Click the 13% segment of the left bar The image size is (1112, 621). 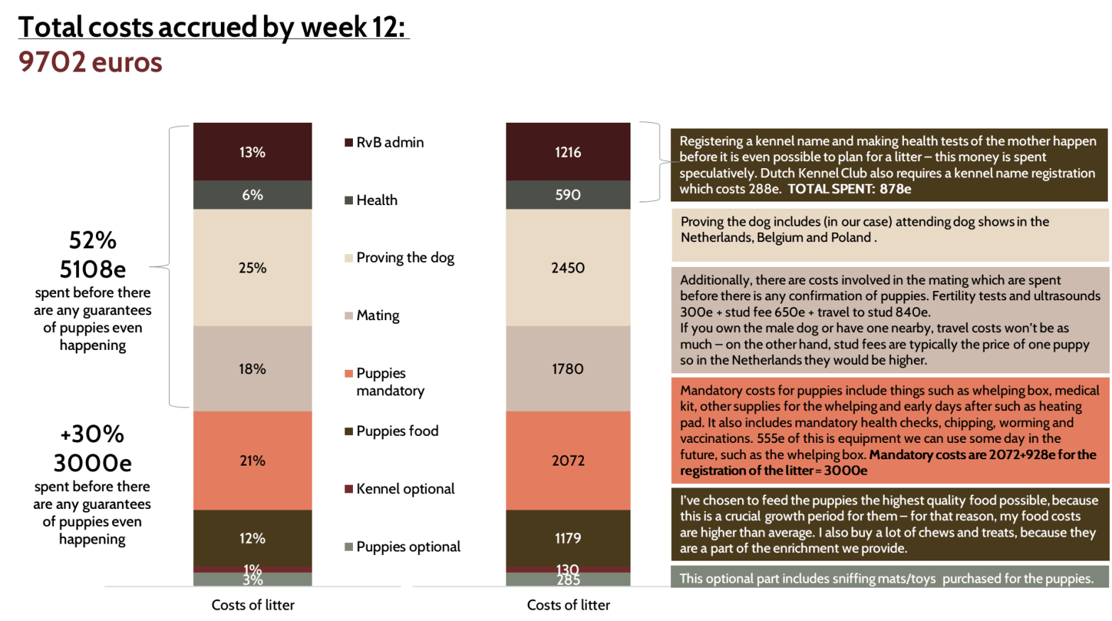pos(252,152)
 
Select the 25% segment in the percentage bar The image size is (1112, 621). pos(252,268)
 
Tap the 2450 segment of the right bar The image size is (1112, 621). pos(567,268)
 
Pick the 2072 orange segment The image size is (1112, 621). pos(567,461)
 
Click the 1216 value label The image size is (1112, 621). pos(567,152)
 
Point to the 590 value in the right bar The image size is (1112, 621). pos(567,194)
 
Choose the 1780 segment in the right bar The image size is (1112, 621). pos(567,369)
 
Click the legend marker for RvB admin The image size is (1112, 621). pos(349,143)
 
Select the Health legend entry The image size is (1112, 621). pos(376,200)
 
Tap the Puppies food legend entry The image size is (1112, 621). pos(397,431)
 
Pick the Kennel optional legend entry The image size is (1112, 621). pos(405,489)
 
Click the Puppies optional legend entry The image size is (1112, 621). pos(408,546)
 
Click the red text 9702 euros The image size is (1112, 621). pos(90,62)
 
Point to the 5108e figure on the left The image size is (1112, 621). pos(92,269)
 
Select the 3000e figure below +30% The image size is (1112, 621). pos(92,463)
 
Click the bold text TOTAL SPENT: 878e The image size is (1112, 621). pos(849,189)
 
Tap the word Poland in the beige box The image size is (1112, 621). pos(850,238)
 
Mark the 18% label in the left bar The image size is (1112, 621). pos(252,369)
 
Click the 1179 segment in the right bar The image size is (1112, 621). pos(567,538)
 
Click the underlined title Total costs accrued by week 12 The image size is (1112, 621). pos(213,27)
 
